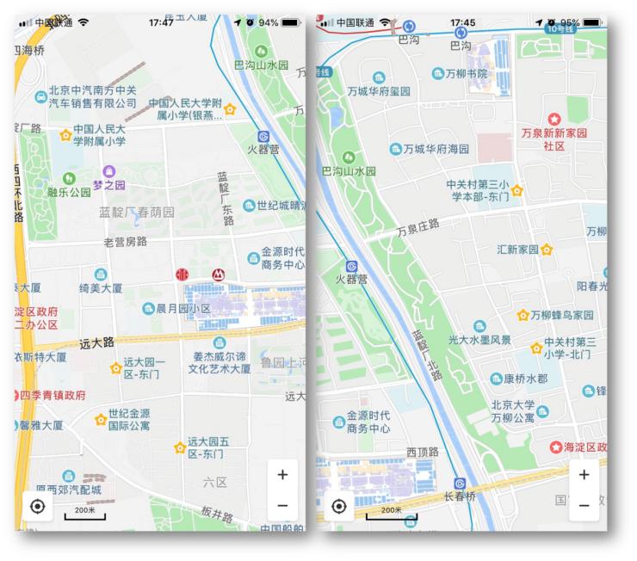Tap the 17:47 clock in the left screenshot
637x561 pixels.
point(161,22)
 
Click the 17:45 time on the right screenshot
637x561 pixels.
point(462,22)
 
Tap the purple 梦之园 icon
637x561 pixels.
point(109,172)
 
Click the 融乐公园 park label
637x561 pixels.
point(69,193)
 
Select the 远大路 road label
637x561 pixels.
point(96,343)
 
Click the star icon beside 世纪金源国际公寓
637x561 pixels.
point(100,419)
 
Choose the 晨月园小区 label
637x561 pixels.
point(182,308)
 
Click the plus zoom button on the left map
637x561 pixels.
point(282,474)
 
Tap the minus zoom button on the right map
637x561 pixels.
point(584,505)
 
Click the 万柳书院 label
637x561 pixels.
point(465,74)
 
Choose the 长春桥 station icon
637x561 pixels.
point(460,484)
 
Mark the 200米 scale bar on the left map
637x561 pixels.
point(84,514)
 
